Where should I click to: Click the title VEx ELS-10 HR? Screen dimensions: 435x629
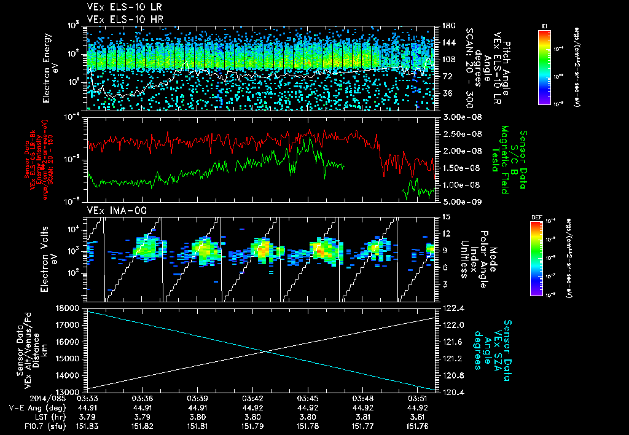point(119,19)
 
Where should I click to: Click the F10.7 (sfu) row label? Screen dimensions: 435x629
point(28,425)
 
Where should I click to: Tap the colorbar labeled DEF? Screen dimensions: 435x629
point(536,258)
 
